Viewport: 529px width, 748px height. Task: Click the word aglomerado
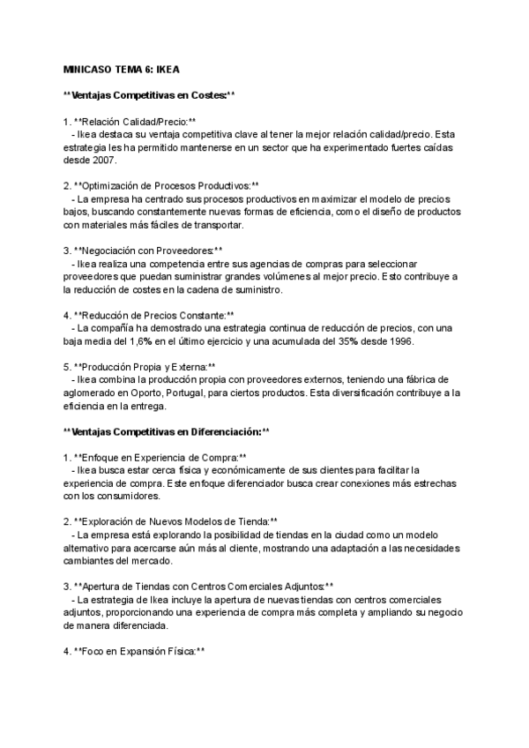coord(89,393)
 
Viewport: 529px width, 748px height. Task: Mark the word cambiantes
coord(91,560)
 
